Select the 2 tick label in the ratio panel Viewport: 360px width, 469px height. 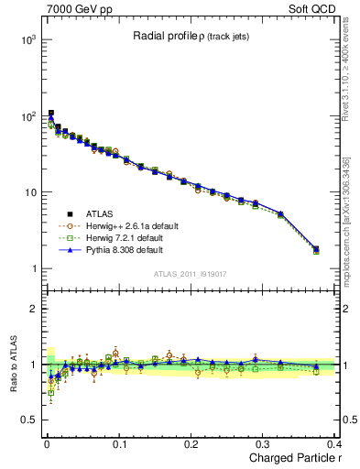point(33,309)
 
